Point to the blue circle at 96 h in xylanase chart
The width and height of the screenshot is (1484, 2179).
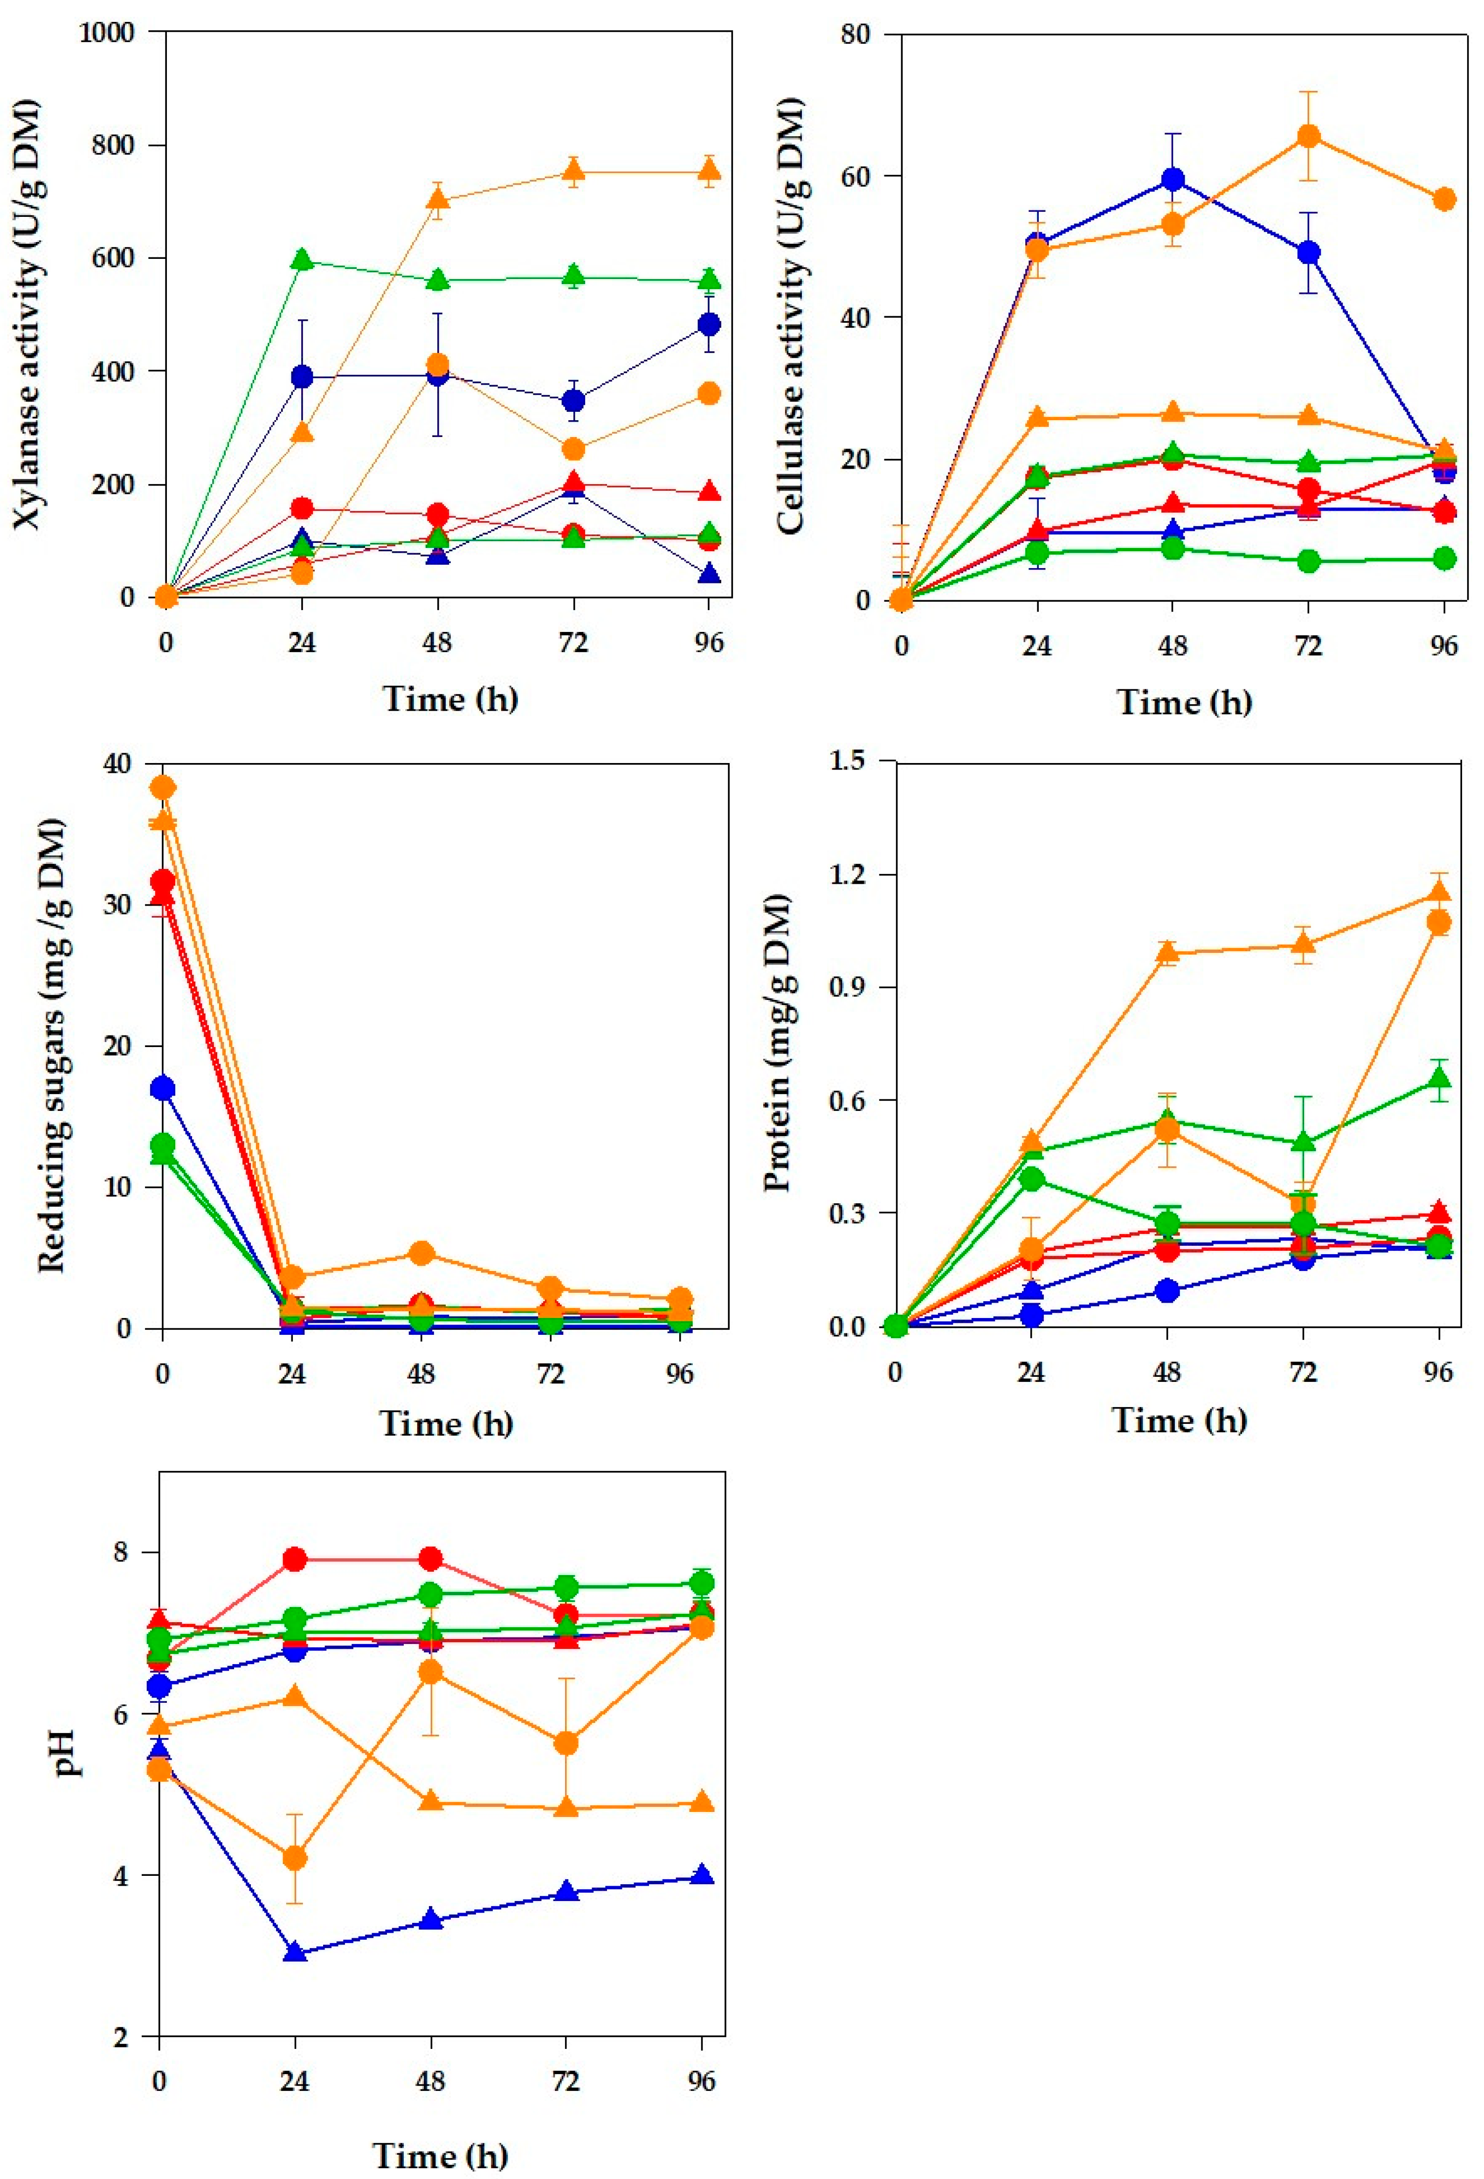coord(710,325)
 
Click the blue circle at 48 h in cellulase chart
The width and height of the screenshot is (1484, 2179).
coord(1172,179)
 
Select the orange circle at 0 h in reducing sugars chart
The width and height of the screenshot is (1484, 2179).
coord(163,787)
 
